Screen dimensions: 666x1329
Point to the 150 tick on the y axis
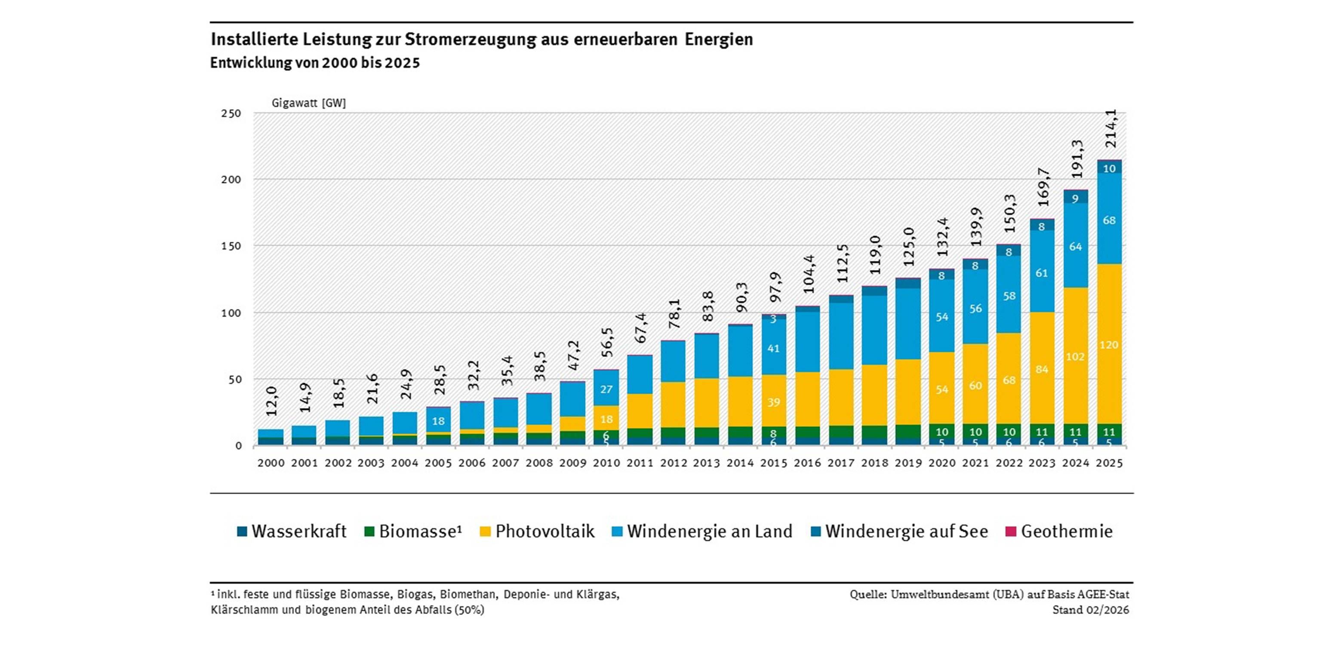[x=231, y=246]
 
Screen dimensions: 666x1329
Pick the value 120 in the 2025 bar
[x=1109, y=345]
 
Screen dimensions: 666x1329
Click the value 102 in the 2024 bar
[x=1075, y=356]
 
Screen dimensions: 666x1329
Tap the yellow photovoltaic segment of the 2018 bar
[x=874, y=395]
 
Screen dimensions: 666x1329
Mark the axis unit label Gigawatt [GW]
[x=308, y=103]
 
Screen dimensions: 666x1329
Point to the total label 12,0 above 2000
[x=272, y=402]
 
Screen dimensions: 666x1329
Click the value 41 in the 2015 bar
[x=773, y=348]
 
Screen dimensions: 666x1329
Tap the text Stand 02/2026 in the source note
[x=1091, y=610]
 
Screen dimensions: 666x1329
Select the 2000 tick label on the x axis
[x=271, y=463]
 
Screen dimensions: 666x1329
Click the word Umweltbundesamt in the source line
[x=931, y=594]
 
